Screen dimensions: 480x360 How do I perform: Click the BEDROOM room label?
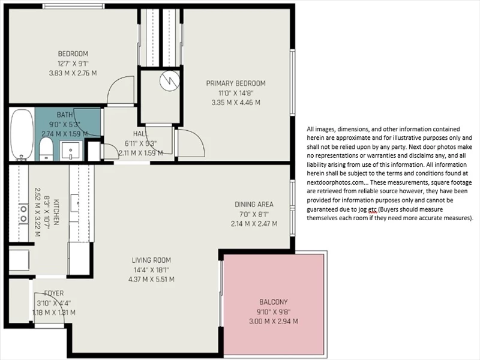click(73, 54)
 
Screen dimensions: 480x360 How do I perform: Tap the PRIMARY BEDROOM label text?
click(236, 83)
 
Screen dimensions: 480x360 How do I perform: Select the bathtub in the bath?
click(22, 134)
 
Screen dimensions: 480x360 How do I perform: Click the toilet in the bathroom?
click(46, 149)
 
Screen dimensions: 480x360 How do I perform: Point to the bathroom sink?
click(71, 151)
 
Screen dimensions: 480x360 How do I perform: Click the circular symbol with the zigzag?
click(170, 80)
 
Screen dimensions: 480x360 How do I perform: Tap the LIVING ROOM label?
click(151, 260)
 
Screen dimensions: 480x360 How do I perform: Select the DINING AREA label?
click(254, 205)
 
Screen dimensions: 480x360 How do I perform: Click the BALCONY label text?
click(274, 302)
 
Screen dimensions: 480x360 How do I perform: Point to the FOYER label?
click(54, 293)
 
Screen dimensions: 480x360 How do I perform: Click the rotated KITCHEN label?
click(56, 212)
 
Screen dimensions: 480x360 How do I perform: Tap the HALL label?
click(140, 133)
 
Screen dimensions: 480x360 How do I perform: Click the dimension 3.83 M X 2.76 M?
click(73, 73)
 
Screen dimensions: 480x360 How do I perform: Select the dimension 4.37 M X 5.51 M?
click(151, 280)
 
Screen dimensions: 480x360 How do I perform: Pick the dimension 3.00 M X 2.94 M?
click(274, 322)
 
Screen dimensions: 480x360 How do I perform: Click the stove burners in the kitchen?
click(23, 214)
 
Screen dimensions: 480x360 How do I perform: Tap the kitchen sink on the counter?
click(75, 203)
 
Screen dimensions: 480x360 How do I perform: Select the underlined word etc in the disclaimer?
click(373, 209)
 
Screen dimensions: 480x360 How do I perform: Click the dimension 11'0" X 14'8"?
click(236, 93)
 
